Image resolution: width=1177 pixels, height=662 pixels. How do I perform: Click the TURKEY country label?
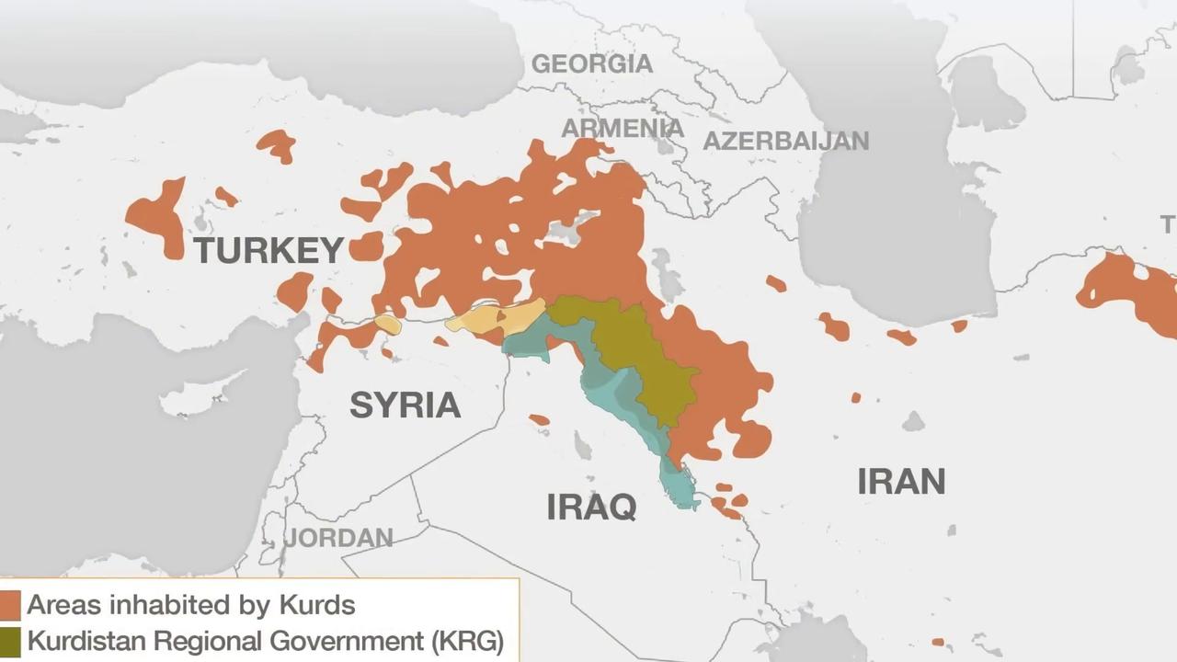point(269,250)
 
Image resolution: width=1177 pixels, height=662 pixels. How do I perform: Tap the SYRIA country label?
point(405,405)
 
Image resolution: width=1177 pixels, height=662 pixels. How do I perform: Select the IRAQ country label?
point(591,506)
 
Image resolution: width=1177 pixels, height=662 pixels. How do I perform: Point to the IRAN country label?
point(901,482)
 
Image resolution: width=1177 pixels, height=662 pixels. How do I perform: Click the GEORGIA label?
point(592,63)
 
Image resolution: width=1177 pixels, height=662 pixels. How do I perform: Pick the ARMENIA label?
point(623,128)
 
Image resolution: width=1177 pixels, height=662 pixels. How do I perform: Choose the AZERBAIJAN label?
point(785,141)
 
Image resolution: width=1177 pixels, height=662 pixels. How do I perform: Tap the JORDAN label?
point(338,538)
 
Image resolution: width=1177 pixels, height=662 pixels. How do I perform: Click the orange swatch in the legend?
point(10,605)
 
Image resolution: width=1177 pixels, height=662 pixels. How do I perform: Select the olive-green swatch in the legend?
point(10,641)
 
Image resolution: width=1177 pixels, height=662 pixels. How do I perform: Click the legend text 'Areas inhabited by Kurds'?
point(190,605)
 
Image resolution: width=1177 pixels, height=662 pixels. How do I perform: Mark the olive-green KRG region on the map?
point(644,359)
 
